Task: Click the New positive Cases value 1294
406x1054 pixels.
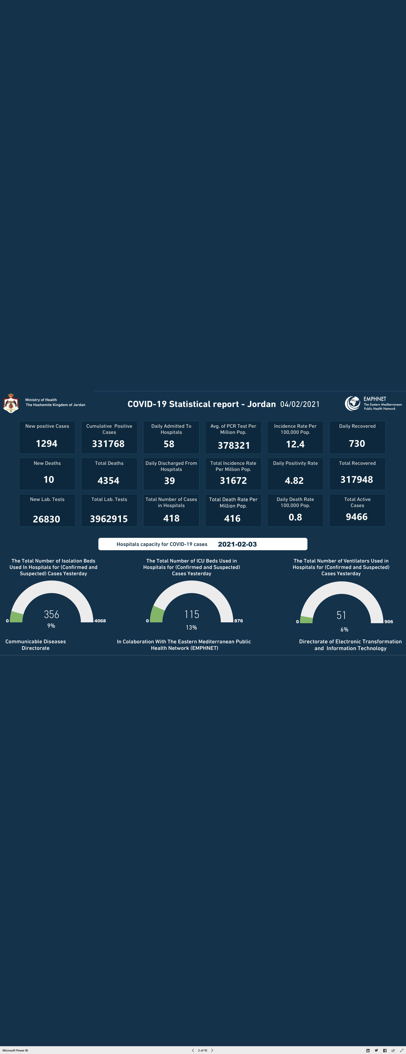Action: click(47, 444)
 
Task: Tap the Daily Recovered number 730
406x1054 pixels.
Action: click(357, 444)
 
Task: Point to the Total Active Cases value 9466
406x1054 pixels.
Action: click(357, 517)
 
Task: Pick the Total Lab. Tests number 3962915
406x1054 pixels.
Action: click(109, 519)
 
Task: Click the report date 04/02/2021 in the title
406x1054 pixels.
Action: click(300, 404)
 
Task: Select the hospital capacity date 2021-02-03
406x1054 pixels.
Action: click(237, 544)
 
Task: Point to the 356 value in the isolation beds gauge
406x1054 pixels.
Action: click(51, 614)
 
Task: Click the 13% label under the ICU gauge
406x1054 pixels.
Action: click(191, 627)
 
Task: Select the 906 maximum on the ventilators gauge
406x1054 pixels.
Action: click(388, 622)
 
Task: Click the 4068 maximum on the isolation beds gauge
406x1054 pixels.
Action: click(100, 621)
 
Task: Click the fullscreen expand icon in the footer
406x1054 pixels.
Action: click(401, 1050)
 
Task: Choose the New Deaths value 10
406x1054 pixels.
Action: click(49, 479)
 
